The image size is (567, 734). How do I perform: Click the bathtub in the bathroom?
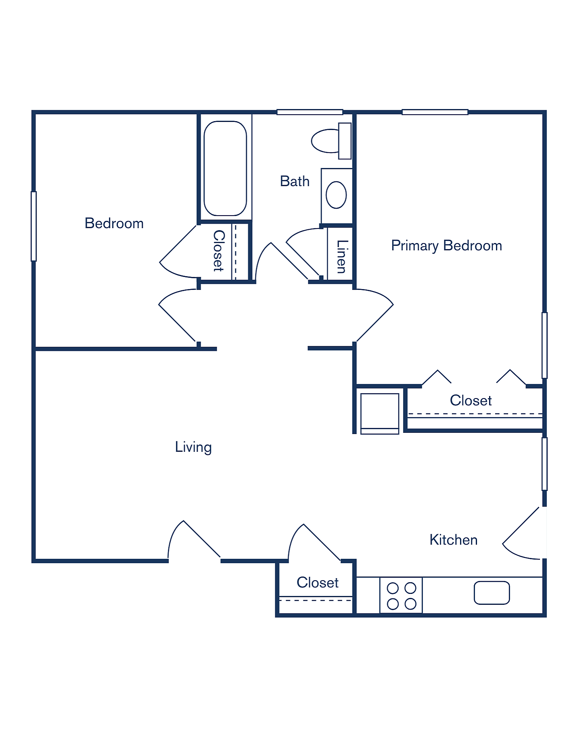225,168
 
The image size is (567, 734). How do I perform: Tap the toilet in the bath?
331,141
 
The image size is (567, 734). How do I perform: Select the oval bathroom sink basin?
336,195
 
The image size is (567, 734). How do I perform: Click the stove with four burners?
401,596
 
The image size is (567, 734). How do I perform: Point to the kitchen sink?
492,593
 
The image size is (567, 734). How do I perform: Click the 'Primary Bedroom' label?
447,245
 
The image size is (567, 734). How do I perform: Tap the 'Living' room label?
193,447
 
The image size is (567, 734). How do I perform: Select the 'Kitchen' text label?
454,540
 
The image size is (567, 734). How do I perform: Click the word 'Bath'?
295,181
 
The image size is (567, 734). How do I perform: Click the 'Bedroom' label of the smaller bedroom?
114,223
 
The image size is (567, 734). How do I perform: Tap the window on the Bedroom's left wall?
34,226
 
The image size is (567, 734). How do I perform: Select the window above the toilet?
310,112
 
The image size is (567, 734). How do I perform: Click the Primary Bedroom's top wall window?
435,112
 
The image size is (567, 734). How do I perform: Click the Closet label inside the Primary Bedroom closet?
471,401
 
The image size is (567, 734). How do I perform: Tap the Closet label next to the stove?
318,583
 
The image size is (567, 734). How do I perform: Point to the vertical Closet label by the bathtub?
219,251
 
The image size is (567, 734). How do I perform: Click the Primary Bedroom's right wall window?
544,345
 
